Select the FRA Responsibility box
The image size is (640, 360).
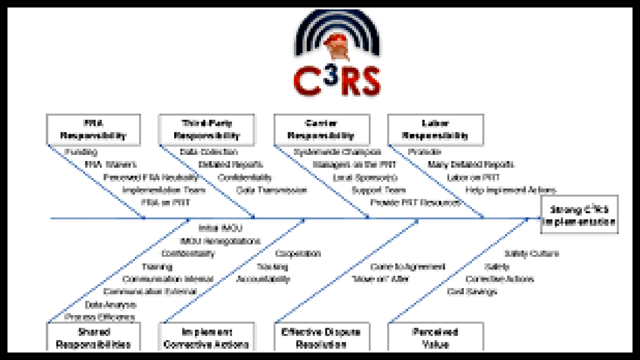click(x=93, y=129)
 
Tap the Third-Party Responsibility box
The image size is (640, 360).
click(x=206, y=129)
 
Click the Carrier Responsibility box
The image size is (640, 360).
click(x=321, y=129)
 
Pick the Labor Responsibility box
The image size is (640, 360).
click(x=435, y=129)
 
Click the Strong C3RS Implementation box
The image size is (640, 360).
click(x=579, y=215)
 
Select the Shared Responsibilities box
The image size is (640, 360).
click(x=93, y=337)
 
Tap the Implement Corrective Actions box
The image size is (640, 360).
click(x=206, y=337)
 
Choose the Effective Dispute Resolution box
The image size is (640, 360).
click(x=321, y=337)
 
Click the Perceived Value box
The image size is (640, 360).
click(x=435, y=337)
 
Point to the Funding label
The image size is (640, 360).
click(x=81, y=152)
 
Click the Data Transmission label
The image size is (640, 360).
click(x=271, y=190)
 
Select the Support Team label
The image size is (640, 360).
click(x=378, y=190)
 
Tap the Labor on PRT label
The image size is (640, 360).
click(x=473, y=177)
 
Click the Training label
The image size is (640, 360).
click(x=157, y=266)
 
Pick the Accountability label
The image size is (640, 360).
click(x=263, y=279)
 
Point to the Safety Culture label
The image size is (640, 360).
click(x=531, y=253)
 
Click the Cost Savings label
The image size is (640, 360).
click(x=472, y=291)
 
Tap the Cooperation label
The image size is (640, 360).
click(x=298, y=253)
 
